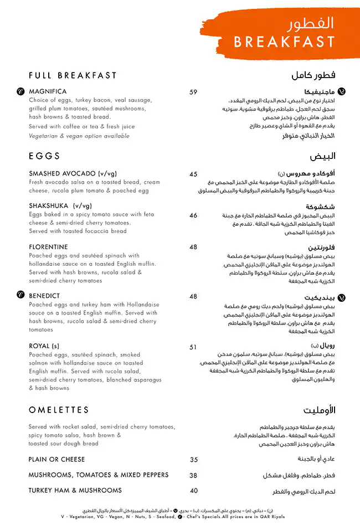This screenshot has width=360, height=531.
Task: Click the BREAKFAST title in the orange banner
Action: click(284, 42)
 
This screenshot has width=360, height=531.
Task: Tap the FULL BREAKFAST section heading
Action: click(73, 76)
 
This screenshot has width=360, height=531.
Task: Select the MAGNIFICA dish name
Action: click(48, 91)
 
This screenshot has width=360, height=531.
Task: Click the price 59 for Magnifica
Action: click(193, 92)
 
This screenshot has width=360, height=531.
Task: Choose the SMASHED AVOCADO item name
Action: click(73, 174)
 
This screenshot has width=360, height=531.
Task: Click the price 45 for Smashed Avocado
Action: click(193, 174)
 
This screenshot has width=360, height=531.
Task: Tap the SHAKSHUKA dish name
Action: click(60, 205)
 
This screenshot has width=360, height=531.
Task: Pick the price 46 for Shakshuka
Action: click(193, 215)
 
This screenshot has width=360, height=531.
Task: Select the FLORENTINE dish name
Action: click(48, 247)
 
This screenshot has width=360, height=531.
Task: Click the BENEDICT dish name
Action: click(44, 296)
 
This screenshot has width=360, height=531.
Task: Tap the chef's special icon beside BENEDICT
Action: click(20, 295)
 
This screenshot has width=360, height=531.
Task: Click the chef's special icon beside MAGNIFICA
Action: click(20, 91)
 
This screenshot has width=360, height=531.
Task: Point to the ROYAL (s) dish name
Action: click(44, 347)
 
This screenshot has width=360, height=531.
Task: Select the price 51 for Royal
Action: click(193, 347)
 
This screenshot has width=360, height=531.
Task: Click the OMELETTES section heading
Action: click(59, 410)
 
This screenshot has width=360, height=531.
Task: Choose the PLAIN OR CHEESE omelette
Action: click(56, 460)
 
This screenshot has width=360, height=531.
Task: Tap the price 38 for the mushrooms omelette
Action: click(193, 475)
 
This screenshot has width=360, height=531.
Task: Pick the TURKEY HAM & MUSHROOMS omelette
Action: click(75, 491)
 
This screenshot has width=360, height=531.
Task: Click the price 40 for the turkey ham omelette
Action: click(193, 491)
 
